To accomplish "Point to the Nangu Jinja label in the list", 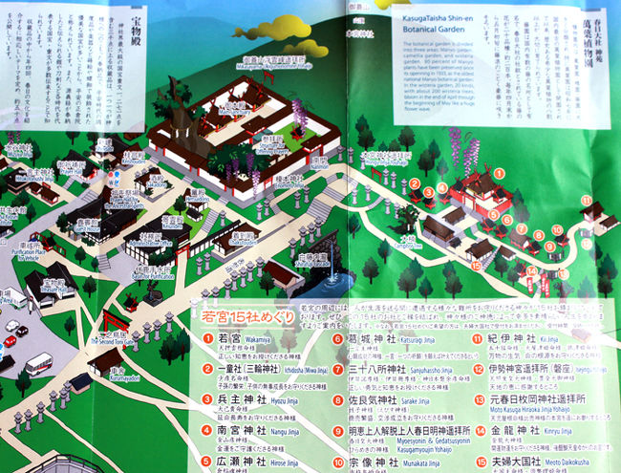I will (288, 431).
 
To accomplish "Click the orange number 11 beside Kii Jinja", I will (481, 338).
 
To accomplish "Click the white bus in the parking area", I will (38, 363).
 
